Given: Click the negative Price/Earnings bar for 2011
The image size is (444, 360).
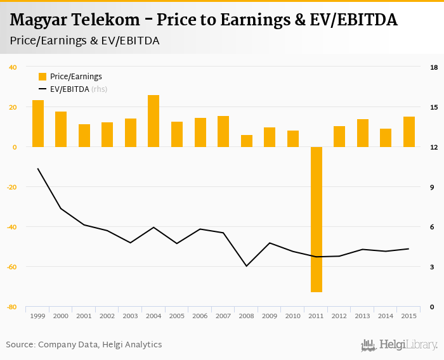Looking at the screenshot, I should (317, 219).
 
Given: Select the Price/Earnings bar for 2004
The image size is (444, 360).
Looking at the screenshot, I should (153, 121).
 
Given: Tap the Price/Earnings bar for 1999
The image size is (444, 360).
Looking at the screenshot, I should (38, 124).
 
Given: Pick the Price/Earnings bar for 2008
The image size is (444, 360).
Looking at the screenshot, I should (246, 141).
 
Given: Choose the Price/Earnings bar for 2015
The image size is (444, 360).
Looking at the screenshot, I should (408, 132).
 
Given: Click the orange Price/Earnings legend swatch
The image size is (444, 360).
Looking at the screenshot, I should (42, 77).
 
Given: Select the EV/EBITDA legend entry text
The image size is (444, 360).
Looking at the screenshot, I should (70, 89).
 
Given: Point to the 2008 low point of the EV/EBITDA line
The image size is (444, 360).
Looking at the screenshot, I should (246, 266).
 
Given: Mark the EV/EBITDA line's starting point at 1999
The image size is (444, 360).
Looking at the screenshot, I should (38, 169).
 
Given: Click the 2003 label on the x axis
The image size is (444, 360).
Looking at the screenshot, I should (131, 316).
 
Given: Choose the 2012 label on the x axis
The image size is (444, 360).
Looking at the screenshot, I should (339, 316).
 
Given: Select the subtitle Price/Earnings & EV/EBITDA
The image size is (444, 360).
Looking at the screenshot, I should (84, 41).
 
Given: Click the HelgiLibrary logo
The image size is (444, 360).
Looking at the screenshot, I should (400, 345).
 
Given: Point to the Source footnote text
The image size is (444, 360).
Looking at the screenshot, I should (84, 345).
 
